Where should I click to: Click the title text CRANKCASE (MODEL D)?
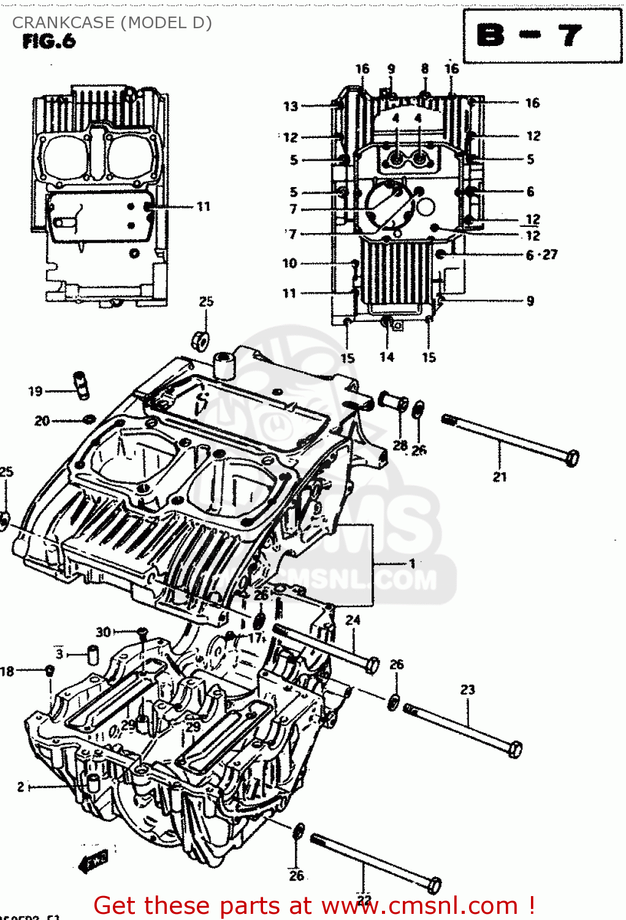point(112,23)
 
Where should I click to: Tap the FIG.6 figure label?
point(48,42)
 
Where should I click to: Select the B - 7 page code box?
point(542,36)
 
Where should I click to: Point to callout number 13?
point(291,106)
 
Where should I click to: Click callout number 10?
point(289,263)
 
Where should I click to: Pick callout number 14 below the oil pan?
point(387,357)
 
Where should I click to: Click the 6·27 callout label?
point(542,255)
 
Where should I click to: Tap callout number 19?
point(36,391)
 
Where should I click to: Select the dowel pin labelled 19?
point(80,385)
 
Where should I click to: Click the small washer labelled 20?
point(89,420)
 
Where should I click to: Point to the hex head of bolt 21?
point(571,458)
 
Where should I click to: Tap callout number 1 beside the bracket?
point(413,563)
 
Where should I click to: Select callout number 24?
point(353,620)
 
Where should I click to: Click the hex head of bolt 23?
point(516,749)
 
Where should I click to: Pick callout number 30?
point(103,632)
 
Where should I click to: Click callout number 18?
point(7,671)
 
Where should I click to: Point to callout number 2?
point(21,786)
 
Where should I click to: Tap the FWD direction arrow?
point(93,859)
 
